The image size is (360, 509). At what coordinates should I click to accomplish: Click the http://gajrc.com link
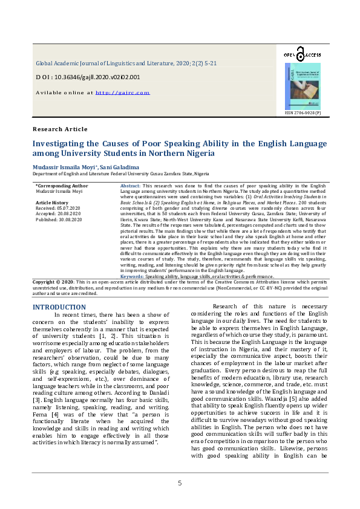pos(122,92)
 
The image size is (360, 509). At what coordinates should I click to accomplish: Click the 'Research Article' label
pos(60,129)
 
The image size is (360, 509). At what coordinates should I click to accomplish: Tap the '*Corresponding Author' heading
pos(62,186)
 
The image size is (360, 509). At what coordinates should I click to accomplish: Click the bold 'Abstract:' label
pos(131,186)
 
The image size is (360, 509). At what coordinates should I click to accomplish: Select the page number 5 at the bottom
pos(180,483)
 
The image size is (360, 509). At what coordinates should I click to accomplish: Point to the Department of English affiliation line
pos(125,173)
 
